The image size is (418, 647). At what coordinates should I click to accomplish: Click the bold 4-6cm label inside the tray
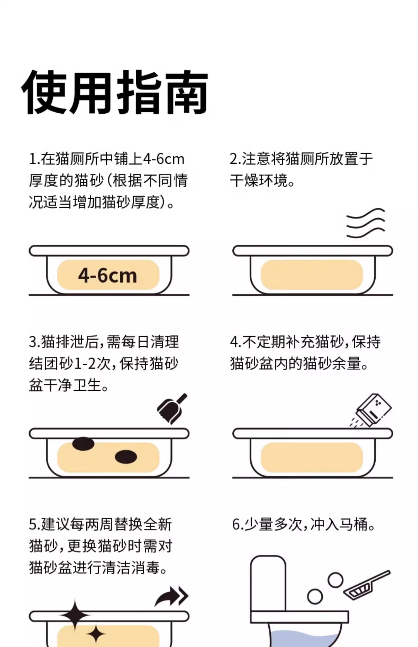pos(108,276)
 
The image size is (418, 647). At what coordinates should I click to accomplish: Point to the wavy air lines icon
pos(366,223)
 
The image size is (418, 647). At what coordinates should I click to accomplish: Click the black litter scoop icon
pos(172,408)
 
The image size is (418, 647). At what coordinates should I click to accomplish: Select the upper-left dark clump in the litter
pos(83,444)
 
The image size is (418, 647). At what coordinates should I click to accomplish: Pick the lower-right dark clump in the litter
pos(126,457)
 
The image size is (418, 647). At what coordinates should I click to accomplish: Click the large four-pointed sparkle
pos(75,615)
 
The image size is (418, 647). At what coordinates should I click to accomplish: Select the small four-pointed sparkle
pos(96,634)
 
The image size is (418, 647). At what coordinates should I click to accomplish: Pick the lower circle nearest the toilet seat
pos(315,597)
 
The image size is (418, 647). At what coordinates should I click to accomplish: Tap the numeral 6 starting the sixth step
pos(236,524)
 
